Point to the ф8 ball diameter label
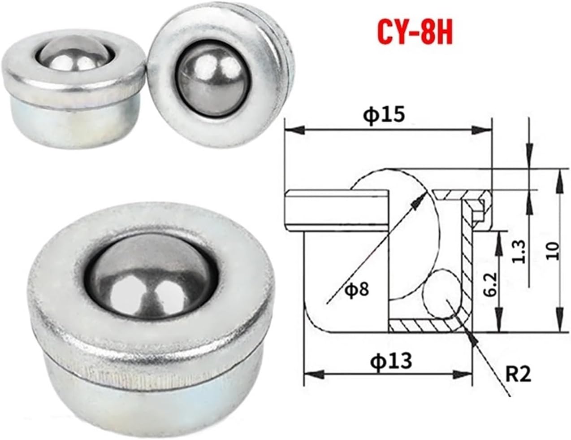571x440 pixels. pos(357,289)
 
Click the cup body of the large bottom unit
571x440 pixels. pos(148,395)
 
